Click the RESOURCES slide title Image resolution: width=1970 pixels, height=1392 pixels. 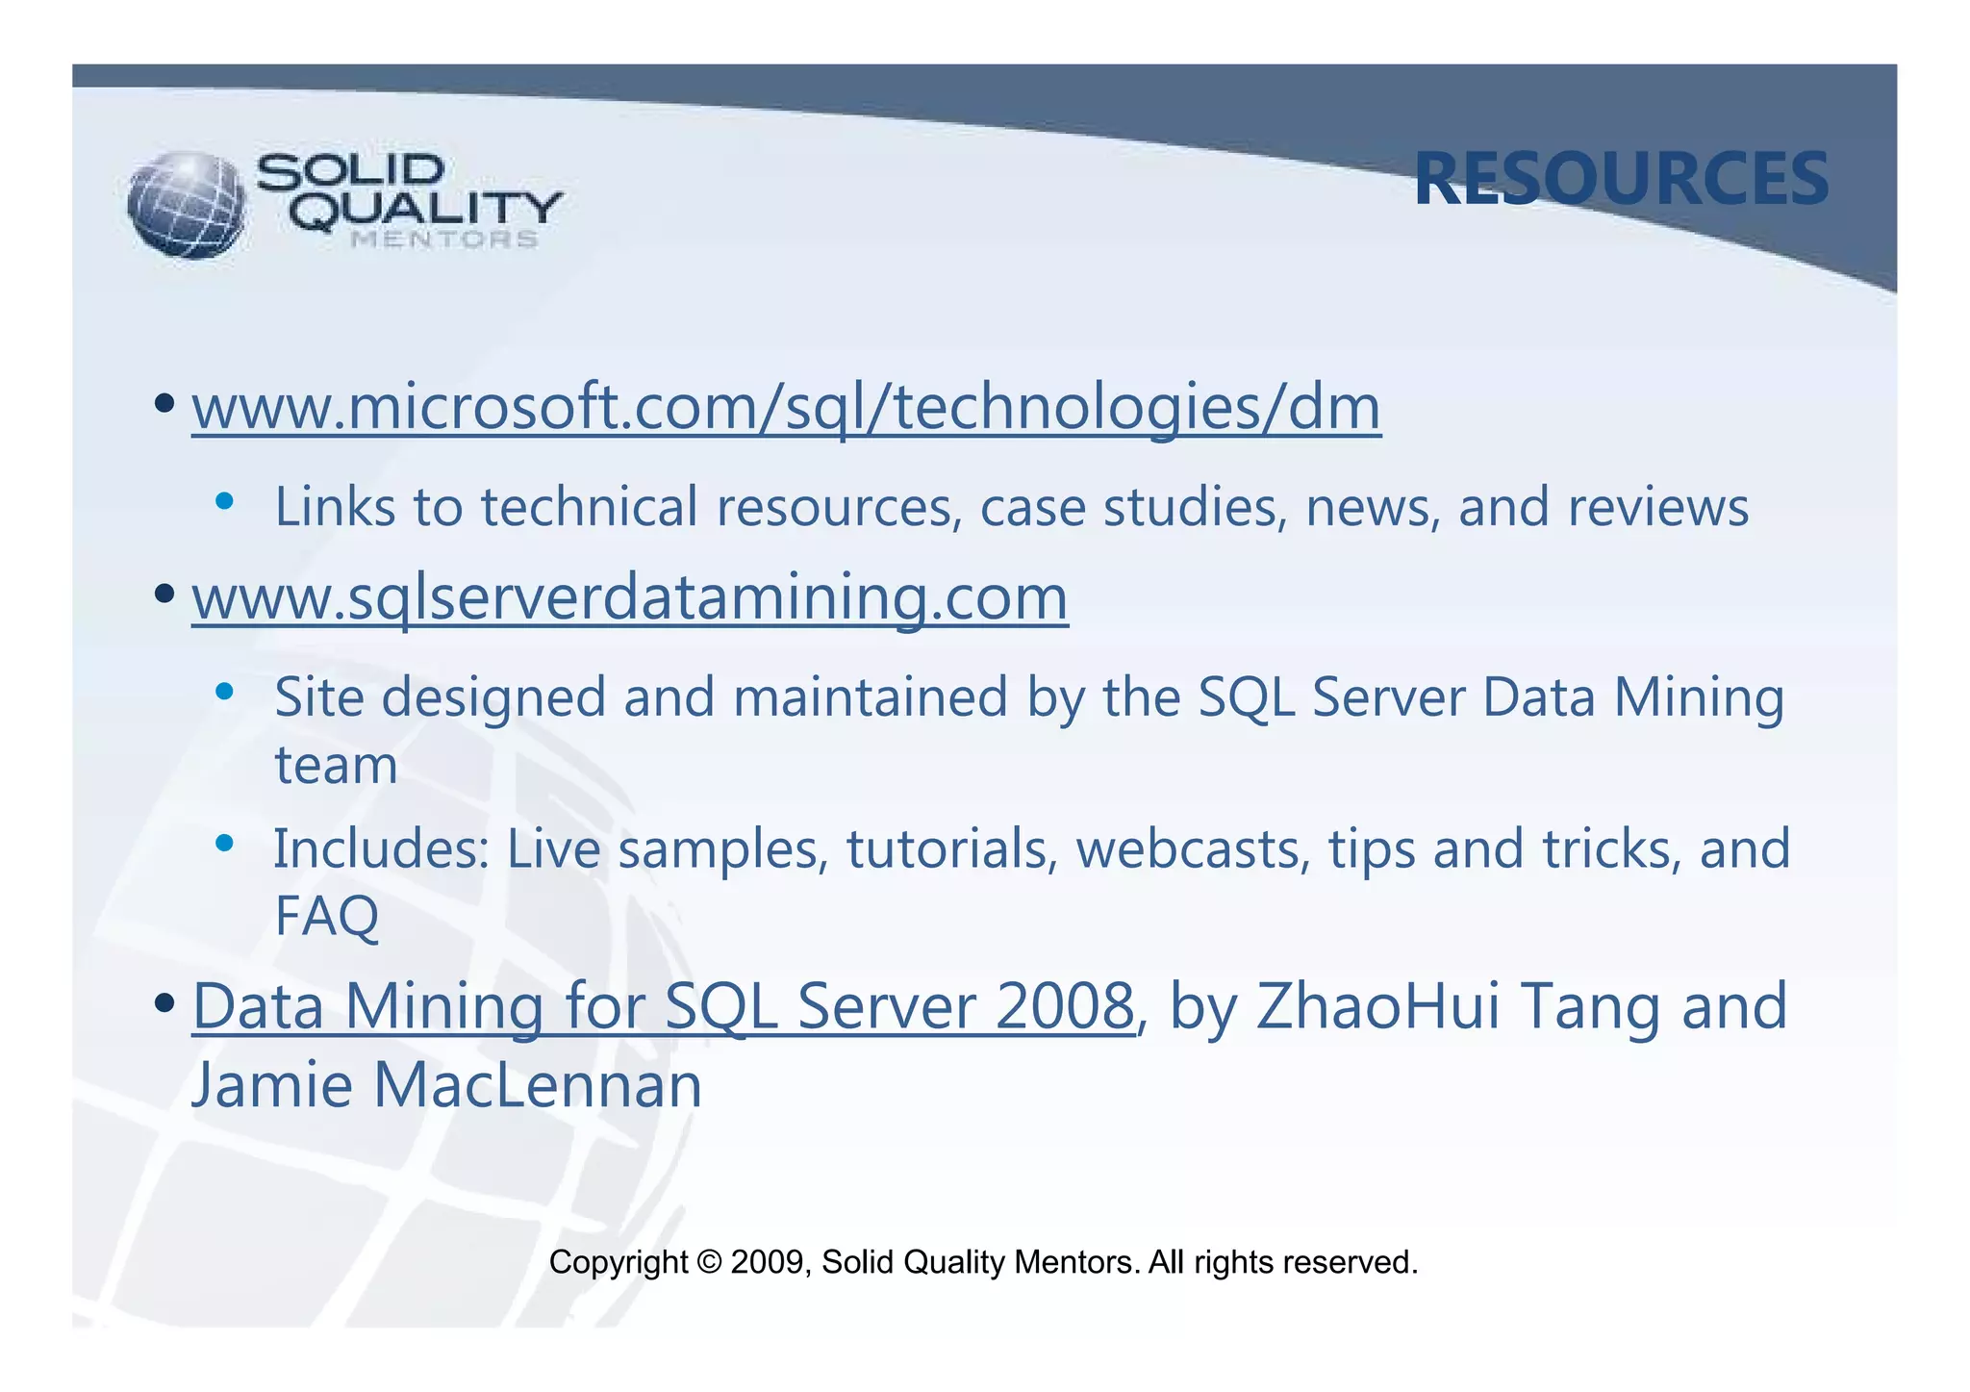coord(1621,180)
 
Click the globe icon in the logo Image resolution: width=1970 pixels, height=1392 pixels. coord(187,205)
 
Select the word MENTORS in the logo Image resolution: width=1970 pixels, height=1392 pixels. coord(443,240)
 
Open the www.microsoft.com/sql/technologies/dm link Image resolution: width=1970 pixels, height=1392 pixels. coord(786,408)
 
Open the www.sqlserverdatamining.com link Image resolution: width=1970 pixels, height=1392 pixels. coord(630,598)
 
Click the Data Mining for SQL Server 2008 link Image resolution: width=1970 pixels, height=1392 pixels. coord(663,1007)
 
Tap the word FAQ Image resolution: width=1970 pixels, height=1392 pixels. coord(327,917)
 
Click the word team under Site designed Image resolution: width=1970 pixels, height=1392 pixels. coord(336,767)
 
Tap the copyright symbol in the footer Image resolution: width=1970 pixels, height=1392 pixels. coord(710,1262)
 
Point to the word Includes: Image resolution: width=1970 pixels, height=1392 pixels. coord(382,849)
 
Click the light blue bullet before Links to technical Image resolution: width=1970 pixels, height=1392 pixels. coord(225,500)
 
